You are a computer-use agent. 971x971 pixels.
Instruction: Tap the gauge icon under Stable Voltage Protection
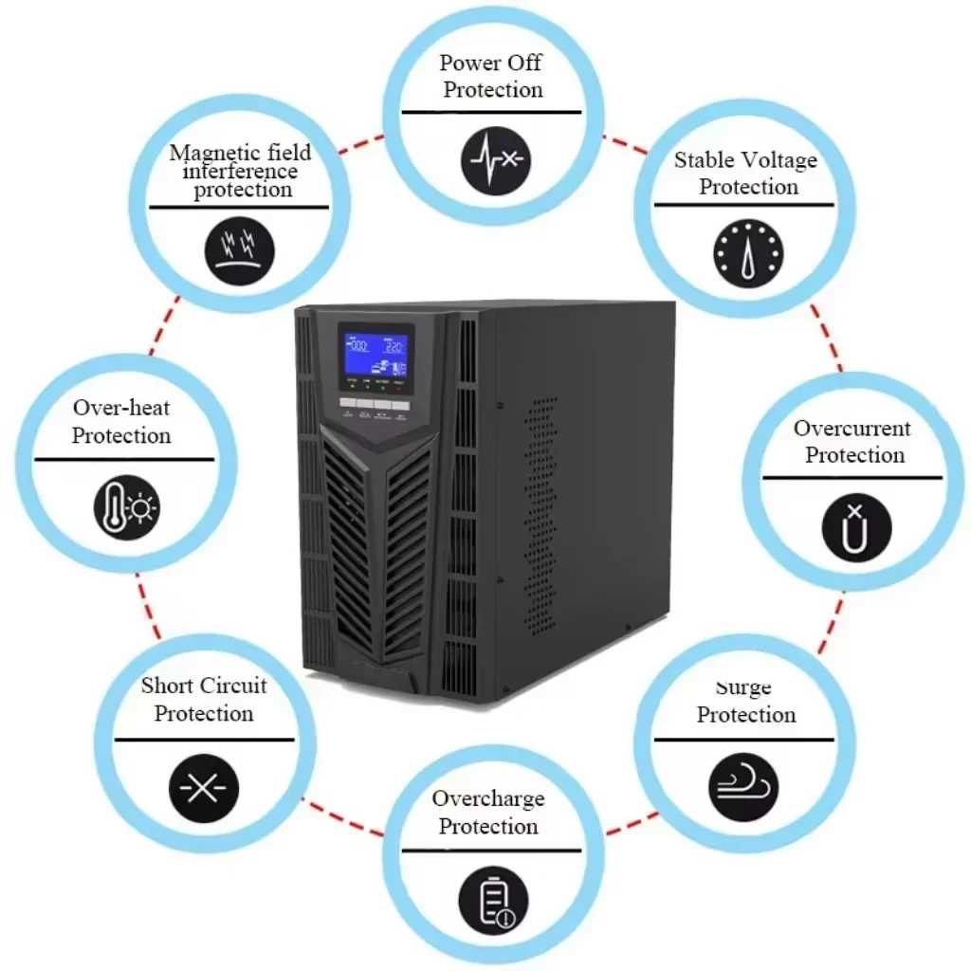click(x=747, y=255)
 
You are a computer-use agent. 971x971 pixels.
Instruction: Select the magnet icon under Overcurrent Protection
click(x=856, y=527)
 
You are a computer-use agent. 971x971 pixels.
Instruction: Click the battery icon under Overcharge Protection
click(x=492, y=899)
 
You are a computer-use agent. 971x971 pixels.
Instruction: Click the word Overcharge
click(x=487, y=798)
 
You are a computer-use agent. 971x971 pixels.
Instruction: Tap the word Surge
click(x=742, y=687)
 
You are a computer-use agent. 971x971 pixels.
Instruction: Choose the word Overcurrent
click(x=852, y=429)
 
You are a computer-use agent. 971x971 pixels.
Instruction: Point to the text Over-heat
click(x=121, y=408)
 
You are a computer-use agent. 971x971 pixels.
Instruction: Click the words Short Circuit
click(x=204, y=686)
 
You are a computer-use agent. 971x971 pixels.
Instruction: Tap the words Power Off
click(x=490, y=64)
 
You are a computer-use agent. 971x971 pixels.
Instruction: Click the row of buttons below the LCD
click(x=375, y=404)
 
